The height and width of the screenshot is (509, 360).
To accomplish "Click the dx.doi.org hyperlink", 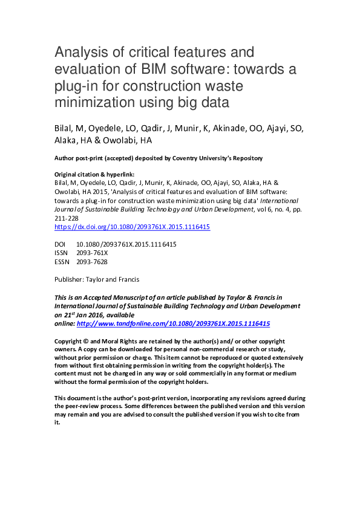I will (x=133, y=228).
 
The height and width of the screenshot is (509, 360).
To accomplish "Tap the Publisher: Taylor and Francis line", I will (x=97, y=279).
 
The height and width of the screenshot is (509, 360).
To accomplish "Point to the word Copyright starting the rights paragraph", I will (x=70, y=341).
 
